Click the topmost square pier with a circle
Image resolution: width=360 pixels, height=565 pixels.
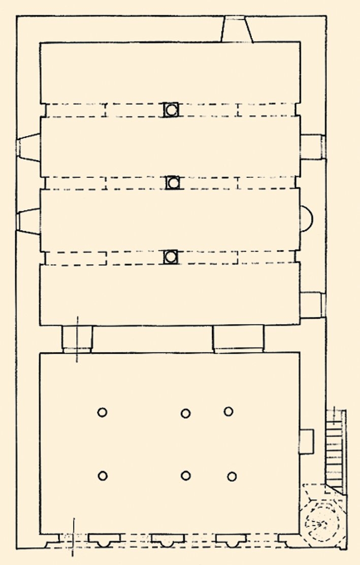172,110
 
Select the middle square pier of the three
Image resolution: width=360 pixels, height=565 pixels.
173,182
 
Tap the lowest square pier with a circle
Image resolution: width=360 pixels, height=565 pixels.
172,257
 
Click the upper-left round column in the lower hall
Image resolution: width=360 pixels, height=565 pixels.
102,412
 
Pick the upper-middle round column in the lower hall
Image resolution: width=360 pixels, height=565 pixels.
185,414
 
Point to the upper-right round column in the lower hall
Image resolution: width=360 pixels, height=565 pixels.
228,411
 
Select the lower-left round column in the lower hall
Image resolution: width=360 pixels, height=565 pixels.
103,476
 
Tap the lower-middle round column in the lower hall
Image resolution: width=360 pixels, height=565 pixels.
186,476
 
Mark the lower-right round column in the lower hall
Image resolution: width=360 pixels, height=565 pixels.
232,476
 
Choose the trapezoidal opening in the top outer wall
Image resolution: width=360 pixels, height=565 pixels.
236,29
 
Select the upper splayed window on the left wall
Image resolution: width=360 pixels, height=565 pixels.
29,148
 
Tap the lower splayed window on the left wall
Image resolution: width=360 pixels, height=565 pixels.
29,221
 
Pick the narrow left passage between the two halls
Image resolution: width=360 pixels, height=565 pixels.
77,339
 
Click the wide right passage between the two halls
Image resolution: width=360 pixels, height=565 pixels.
238,339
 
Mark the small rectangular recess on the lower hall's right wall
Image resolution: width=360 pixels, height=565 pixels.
307,442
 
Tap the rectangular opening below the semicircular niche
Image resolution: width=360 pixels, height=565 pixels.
312,304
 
